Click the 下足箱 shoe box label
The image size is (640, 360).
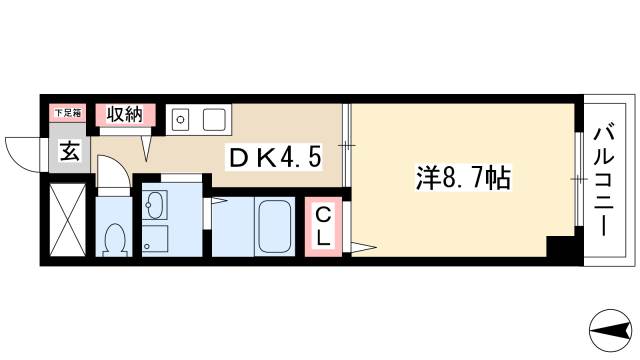[67, 113]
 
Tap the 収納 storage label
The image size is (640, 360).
[125, 113]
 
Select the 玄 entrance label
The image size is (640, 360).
[68, 153]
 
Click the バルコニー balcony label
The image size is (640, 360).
[602, 179]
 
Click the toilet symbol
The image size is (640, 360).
[114, 240]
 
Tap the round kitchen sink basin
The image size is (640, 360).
[181, 120]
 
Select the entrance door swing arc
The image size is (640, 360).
[22, 150]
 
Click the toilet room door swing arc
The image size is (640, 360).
[113, 175]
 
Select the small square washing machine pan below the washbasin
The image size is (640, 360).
[156, 240]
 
